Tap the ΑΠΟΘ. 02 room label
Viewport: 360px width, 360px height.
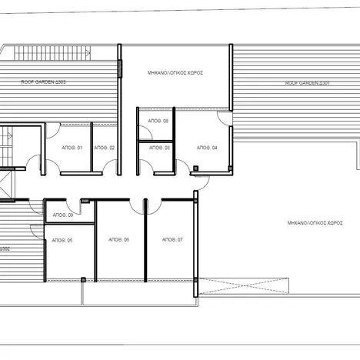105,147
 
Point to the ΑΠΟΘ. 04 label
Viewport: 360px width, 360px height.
206,147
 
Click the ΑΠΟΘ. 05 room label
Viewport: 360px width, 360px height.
63,240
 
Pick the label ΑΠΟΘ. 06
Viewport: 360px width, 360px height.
121,240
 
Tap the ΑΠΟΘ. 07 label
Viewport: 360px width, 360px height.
173,240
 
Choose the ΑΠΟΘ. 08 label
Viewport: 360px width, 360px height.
159,121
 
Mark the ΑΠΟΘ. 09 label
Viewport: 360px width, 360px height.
65,215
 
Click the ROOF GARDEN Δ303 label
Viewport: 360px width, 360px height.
38,81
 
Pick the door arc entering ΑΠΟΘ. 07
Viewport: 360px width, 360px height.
155,205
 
